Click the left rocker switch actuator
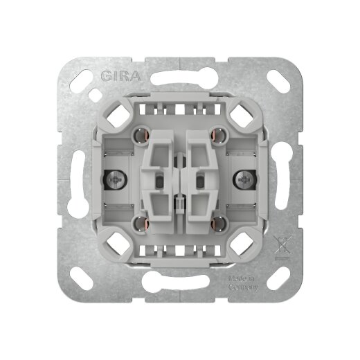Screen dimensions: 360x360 pyautogui.click(x=159, y=178)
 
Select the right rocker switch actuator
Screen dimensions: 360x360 pyautogui.click(x=201, y=178)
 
